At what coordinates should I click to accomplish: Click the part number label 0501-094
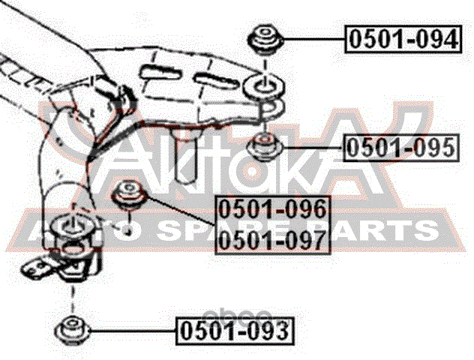pyautogui.click(x=403, y=39)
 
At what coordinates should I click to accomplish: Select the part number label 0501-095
pyautogui.click(x=400, y=148)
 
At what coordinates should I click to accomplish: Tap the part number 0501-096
pyautogui.click(x=273, y=209)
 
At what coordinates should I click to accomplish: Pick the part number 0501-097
pyautogui.click(x=273, y=240)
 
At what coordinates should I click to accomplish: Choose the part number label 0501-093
pyautogui.click(x=235, y=331)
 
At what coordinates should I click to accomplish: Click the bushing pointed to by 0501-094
pyautogui.click(x=265, y=40)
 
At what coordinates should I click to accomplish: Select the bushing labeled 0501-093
pyautogui.click(x=73, y=330)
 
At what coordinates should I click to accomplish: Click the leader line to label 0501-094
pyautogui.click(x=314, y=39)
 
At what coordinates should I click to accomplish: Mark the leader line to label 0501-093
pyautogui.click(x=133, y=331)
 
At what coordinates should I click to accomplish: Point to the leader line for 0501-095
pyautogui.click(x=313, y=148)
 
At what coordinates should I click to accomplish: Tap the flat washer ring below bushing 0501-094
pyautogui.click(x=263, y=85)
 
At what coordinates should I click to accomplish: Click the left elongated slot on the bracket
pyautogui.click(x=160, y=73)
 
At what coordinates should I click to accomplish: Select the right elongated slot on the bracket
pyautogui.click(x=217, y=79)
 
